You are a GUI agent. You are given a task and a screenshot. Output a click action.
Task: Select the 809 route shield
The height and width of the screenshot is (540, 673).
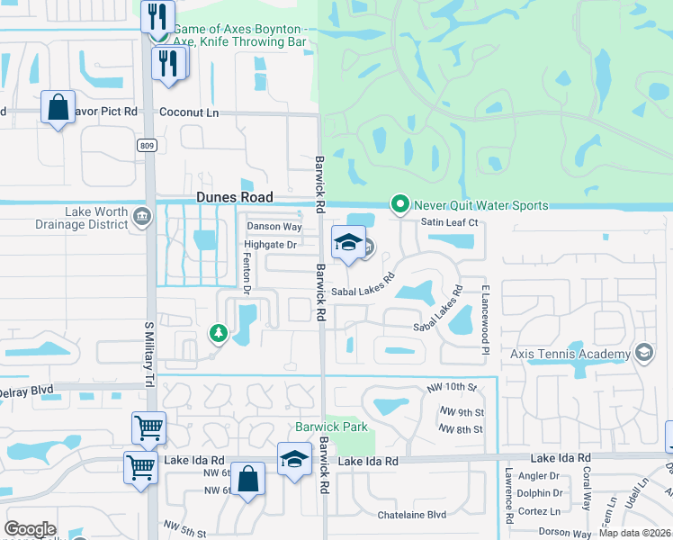point(147,144)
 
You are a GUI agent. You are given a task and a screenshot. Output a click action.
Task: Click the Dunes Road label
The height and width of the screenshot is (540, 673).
point(235,198)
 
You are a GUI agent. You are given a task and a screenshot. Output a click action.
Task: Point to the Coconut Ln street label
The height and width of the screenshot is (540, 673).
point(189,112)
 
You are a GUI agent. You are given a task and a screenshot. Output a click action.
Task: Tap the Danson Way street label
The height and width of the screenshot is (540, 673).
point(274,227)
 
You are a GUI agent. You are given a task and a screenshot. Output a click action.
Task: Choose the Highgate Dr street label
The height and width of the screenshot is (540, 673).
point(270,245)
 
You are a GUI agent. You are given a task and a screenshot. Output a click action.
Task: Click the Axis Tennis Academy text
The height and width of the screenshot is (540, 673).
point(570,354)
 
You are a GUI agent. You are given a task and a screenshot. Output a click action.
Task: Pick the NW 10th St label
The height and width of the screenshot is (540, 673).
point(453,386)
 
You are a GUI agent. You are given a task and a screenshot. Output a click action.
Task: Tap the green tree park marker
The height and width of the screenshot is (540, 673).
point(218,334)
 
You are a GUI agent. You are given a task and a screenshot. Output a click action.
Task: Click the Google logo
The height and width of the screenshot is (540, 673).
point(30,528)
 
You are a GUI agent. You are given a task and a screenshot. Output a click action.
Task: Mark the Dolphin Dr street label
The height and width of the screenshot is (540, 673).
point(541,492)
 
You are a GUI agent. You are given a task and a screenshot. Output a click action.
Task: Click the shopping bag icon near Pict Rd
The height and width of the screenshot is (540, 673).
point(58,107)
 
